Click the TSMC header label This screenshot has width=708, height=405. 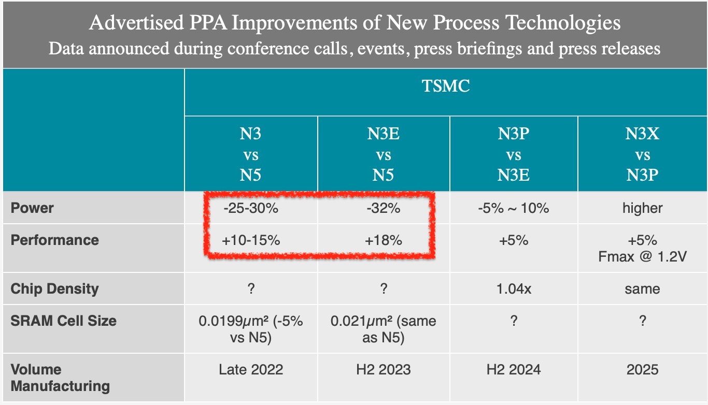coord(446,85)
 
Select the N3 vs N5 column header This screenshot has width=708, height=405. coord(251,154)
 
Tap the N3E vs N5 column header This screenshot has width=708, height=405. coord(384,154)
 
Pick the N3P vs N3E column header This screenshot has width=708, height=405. coord(514,154)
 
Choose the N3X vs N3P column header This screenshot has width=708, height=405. coord(642,154)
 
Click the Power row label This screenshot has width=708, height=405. coord(32,208)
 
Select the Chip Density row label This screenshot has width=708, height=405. coord(54,288)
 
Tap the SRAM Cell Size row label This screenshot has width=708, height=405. coord(63,321)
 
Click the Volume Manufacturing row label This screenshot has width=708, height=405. coord(60,378)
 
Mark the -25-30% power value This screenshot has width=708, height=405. coord(251,208)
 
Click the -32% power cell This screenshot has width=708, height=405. coord(383,208)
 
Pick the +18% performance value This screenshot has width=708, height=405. coord(383,240)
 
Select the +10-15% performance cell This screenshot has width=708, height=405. coord(251,240)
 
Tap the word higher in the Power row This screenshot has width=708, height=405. coord(642,208)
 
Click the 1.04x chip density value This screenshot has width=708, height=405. coord(514,288)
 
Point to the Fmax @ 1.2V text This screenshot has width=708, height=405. coord(642,256)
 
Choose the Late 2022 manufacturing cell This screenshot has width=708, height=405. coord(251,369)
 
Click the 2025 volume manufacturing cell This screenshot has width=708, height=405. coord(642,369)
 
